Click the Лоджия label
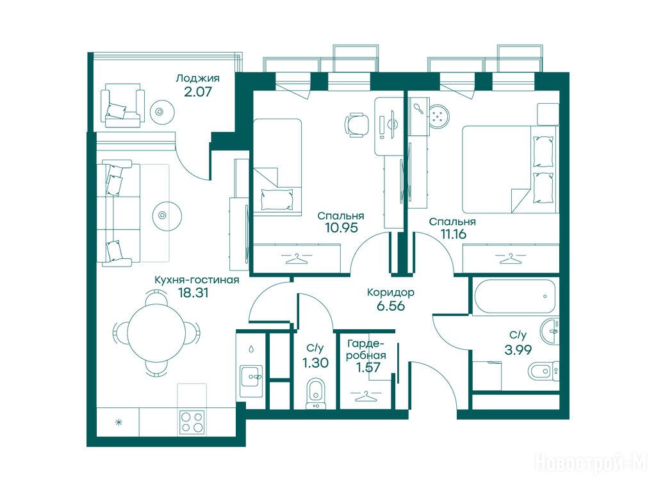198,79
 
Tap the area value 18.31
193,293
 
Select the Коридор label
391,292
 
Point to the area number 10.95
341,228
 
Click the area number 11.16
454,234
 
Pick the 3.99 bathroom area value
518,349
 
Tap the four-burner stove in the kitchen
192,422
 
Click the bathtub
515,296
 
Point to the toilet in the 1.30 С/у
315,393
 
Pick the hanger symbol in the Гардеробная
366,395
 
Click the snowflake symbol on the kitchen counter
119,422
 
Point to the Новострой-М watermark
591,463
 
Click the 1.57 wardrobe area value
368,367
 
